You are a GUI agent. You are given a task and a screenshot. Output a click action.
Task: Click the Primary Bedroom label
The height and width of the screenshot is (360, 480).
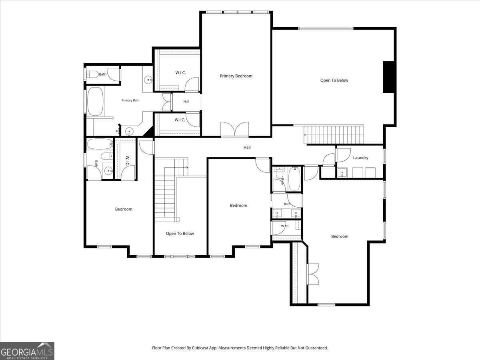(x=236, y=76)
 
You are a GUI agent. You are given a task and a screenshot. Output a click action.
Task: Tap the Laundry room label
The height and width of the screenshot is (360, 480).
(x=361, y=158)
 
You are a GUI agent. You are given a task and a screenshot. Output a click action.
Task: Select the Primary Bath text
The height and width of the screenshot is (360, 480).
(x=130, y=100)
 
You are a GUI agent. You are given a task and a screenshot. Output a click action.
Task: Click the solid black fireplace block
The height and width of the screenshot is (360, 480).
(x=389, y=77)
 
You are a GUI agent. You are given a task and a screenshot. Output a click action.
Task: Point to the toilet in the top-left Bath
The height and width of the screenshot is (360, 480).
(x=93, y=74)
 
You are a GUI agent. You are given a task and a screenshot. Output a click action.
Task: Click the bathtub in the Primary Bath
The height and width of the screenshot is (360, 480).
(x=95, y=102)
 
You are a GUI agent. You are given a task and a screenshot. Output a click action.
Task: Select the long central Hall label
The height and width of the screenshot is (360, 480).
(x=247, y=147)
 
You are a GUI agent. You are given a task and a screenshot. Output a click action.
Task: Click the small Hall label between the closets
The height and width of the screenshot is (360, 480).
(x=186, y=102)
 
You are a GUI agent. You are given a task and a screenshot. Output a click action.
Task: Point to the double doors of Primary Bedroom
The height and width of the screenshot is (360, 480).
(x=235, y=129)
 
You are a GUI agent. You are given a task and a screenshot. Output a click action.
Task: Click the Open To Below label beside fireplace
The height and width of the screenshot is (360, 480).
(x=334, y=80)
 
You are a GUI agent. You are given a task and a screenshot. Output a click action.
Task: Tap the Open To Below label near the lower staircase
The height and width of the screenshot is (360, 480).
(x=180, y=234)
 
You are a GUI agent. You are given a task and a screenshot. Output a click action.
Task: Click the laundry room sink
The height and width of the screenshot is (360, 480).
(x=342, y=173)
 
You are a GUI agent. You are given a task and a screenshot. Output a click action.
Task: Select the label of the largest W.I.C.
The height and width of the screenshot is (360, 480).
(x=180, y=72)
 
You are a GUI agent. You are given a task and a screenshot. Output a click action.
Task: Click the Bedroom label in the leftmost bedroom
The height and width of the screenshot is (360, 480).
(x=124, y=209)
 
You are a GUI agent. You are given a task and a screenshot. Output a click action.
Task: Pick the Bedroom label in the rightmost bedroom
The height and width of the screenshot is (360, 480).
(x=340, y=236)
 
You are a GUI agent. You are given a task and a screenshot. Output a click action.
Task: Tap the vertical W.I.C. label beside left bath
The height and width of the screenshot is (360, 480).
(x=128, y=161)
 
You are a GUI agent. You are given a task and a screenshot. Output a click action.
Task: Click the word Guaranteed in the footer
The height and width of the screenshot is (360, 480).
(x=318, y=348)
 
